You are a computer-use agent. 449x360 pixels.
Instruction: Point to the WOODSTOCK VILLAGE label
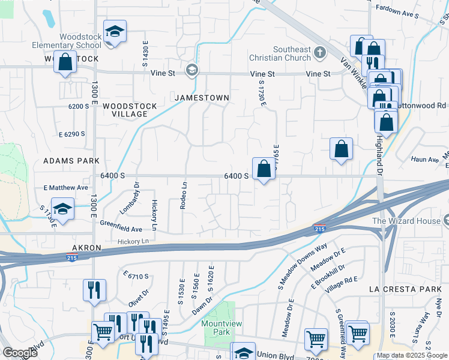click(129, 110)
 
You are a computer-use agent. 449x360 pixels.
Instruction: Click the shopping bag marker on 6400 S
click(264, 169)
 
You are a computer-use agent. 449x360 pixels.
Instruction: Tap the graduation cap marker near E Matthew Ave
click(62, 209)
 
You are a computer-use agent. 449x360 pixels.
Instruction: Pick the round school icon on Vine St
click(191, 70)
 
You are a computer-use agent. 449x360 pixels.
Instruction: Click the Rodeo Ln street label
click(184, 196)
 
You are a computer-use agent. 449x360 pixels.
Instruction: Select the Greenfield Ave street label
click(121, 229)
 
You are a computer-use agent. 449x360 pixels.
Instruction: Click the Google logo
click(20, 353)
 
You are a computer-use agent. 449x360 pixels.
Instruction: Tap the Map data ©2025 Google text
click(412, 355)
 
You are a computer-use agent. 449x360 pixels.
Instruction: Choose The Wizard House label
click(406, 221)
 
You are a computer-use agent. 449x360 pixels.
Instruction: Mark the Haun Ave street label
click(425, 160)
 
